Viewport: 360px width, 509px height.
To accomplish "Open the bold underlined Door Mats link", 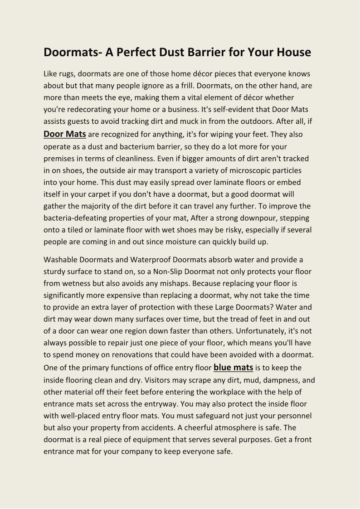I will (65, 134).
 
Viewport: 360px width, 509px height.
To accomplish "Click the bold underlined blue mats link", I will (233, 367).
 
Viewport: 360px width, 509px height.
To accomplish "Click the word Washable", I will (60, 260).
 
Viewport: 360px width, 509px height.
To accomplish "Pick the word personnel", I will (293, 415).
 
